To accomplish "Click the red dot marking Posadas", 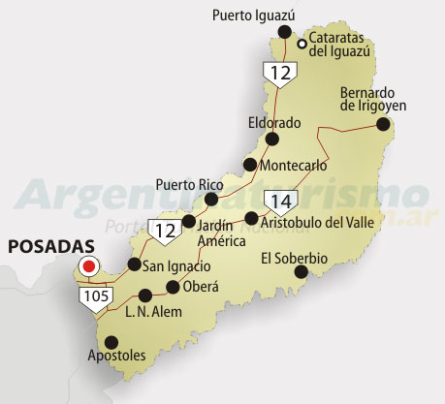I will click(x=89, y=265).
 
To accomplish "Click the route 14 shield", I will click(x=281, y=202).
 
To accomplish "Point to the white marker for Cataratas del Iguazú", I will click(x=302, y=44).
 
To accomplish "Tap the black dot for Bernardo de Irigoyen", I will click(x=383, y=124).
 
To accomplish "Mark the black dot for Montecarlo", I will click(x=250, y=165).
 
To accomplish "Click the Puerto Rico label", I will click(x=189, y=183).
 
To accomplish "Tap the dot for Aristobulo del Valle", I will click(x=251, y=218).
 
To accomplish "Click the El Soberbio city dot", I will click(x=302, y=272).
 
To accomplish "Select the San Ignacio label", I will click(x=176, y=266).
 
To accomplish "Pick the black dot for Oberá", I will click(x=173, y=287).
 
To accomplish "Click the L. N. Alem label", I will click(x=154, y=312).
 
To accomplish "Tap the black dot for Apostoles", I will click(x=111, y=341).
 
